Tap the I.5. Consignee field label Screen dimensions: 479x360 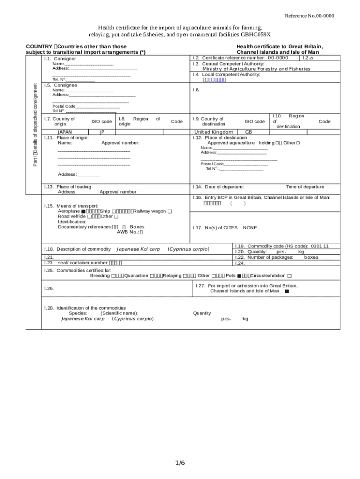60,85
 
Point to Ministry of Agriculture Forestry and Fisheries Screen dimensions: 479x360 256,69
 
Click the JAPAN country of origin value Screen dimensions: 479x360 65,132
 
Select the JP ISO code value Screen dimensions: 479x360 102,132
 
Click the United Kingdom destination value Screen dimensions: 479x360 213,132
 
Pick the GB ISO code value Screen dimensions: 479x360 248,132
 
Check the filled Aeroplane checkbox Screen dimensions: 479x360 83,211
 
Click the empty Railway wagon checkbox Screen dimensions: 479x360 170,211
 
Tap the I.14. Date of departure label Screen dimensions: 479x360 218,187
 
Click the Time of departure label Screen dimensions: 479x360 305,187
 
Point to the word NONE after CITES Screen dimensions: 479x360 250,228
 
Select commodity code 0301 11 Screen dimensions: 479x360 319,246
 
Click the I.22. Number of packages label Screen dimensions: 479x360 264,257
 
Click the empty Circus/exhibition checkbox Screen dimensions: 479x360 290,276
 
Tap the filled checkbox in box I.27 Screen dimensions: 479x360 287,291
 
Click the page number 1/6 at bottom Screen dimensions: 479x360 180,463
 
